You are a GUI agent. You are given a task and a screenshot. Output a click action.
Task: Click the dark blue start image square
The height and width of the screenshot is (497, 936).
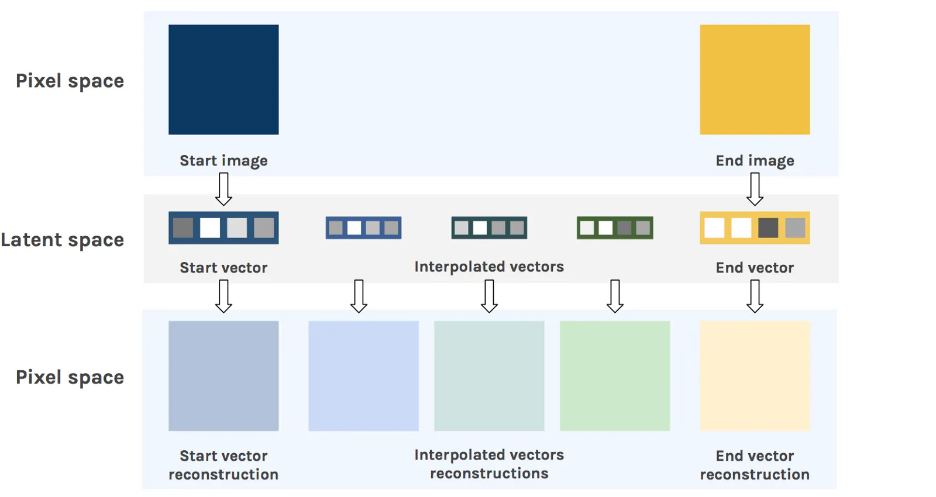[x=223, y=80]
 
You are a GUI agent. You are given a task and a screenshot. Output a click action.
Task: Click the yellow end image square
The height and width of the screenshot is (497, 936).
[x=755, y=80]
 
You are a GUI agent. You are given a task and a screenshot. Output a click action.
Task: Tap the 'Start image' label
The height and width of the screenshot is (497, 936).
[x=223, y=161]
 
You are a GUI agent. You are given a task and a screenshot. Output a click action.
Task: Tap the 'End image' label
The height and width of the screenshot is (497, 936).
[x=755, y=161]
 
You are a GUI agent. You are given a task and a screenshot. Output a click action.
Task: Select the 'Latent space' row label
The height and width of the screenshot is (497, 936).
[x=63, y=240]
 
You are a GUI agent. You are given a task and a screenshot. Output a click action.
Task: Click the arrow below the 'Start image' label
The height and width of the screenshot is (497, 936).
[x=223, y=189]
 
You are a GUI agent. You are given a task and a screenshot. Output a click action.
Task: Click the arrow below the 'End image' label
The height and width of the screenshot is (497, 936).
[x=755, y=189]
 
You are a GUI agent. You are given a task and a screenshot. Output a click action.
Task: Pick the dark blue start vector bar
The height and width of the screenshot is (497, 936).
[x=223, y=227]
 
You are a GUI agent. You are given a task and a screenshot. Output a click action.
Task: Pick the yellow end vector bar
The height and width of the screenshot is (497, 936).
[x=755, y=227]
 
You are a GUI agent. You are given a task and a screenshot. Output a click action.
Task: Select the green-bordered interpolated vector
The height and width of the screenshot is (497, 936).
[x=615, y=227]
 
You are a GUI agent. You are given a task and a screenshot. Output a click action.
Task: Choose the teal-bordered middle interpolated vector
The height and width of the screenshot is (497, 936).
[x=489, y=227]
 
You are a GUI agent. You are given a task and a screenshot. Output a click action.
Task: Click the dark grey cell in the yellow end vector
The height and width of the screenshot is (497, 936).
[x=768, y=227]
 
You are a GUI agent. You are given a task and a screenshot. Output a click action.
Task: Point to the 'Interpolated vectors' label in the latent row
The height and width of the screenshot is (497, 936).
[x=489, y=267]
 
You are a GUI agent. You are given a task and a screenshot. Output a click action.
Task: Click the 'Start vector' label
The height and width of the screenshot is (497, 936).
[x=223, y=268]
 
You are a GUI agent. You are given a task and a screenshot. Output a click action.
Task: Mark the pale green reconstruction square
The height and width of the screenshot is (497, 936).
[x=615, y=376]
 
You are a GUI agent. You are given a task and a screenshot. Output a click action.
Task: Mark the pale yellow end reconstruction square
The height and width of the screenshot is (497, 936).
[x=755, y=376]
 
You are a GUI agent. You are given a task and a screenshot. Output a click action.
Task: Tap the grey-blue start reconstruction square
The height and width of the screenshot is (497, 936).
[x=223, y=376]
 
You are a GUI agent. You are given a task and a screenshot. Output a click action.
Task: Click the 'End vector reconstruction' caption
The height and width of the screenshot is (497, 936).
[x=755, y=465]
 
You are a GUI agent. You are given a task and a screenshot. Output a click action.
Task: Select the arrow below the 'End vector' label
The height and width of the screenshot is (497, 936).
[x=755, y=296]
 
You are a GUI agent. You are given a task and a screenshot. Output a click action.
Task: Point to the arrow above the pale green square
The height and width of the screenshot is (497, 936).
[x=615, y=296]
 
